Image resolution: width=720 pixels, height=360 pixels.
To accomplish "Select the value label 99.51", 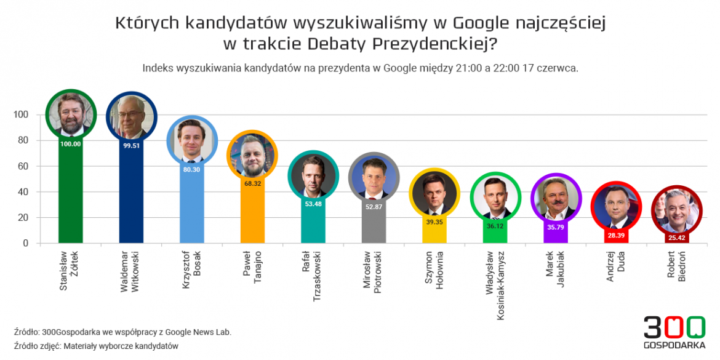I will [132, 146].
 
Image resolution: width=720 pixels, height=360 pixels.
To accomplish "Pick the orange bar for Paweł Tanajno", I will [252, 212].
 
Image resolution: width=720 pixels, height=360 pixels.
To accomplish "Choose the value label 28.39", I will [616, 235].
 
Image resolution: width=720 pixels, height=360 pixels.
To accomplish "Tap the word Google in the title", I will [482, 23].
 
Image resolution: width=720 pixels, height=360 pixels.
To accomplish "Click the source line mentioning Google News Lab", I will [122, 332].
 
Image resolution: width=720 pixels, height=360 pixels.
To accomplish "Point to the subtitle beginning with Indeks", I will [360, 68].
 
